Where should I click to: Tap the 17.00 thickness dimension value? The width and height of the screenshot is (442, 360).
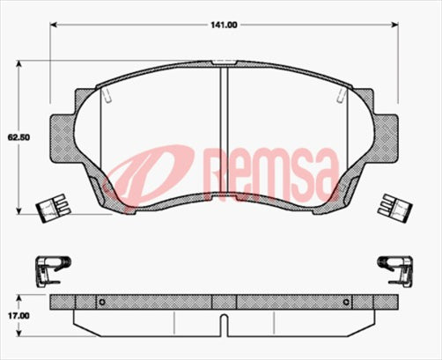[x=18, y=313]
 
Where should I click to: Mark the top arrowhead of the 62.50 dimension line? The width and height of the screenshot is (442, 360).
[x=18, y=64]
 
